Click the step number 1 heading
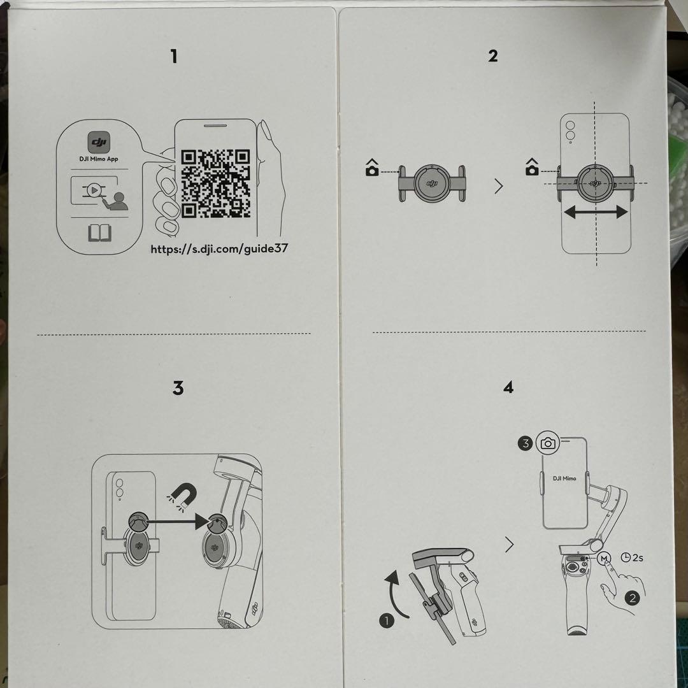173,57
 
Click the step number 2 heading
492,56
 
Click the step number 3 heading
178,387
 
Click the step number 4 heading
508,387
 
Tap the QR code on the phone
215,183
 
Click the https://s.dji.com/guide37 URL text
219,248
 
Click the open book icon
99,234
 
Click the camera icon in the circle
548,443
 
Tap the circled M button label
604,559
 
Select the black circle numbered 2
632,598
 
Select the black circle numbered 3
524,443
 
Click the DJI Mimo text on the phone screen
564,478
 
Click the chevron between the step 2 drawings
498,187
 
